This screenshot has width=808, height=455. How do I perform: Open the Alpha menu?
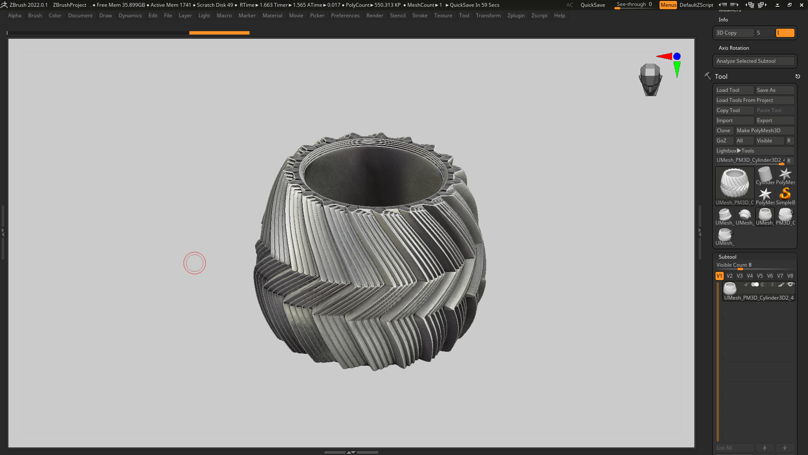(x=14, y=16)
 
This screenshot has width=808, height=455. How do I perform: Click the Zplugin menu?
(x=516, y=16)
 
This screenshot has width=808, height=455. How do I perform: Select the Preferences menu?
(x=345, y=16)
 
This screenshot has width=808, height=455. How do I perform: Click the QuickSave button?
(x=593, y=5)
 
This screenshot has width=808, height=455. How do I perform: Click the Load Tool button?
(x=734, y=90)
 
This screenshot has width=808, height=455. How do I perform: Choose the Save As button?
(x=774, y=90)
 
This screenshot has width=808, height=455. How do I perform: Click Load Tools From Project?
(x=754, y=100)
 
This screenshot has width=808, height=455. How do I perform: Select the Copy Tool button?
(x=734, y=110)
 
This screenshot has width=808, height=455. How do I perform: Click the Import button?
(x=734, y=120)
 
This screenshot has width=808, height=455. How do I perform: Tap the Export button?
(x=774, y=120)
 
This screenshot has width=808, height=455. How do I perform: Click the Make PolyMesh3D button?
(x=764, y=131)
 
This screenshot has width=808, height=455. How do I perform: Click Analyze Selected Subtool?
(x=754, y=61)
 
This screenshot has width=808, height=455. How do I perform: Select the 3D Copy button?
(x=734, y=33)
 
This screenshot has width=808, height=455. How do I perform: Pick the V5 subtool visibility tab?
(x=760, y=276)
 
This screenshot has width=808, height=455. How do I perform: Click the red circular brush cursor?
(x=194, y=263)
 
